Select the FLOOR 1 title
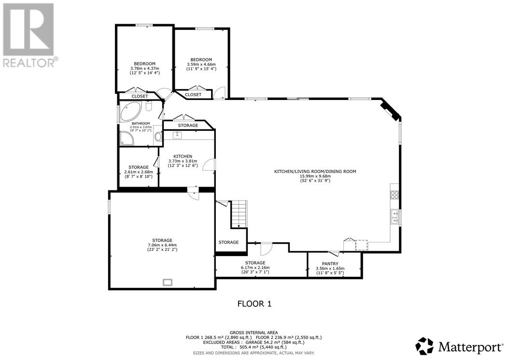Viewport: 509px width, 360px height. (254, 304)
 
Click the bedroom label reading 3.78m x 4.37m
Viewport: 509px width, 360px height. (144, 69)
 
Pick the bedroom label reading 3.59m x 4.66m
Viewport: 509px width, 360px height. (201, 64)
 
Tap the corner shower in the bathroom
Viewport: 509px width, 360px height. (127, 139)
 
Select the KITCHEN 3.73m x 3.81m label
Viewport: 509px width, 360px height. (183, 161)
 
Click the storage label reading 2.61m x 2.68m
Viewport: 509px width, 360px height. (139, 172)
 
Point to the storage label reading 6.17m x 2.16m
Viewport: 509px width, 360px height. (254, 267)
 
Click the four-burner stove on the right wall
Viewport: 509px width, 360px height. (394, 195)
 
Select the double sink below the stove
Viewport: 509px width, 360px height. (395, 217)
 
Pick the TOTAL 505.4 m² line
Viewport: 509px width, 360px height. (254, 347)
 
